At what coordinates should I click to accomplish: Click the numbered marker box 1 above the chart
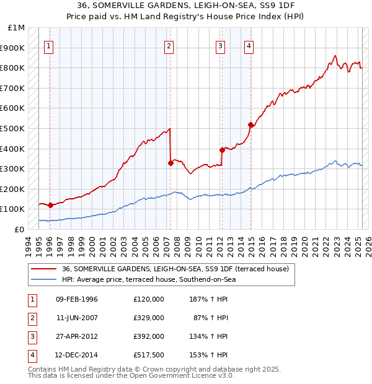[x=49, y=45]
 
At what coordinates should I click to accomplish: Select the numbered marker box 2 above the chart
[x=169, y=45]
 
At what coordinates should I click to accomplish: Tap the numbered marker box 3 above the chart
[x=220, y=45]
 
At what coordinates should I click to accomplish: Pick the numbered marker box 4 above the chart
[x=248, y=45]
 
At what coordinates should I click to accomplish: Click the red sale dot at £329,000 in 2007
[x=170, y=163]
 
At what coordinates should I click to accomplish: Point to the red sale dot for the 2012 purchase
[x=222, y=150]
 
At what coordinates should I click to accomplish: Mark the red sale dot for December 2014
[x=250, y=125]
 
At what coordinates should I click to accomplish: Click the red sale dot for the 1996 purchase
[x=50, y=205]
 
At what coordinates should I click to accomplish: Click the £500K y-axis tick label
[x=13, y=128]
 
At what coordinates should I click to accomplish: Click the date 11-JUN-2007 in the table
[x=77, y=318]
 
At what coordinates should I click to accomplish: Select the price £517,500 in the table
[x=149, y=355]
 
